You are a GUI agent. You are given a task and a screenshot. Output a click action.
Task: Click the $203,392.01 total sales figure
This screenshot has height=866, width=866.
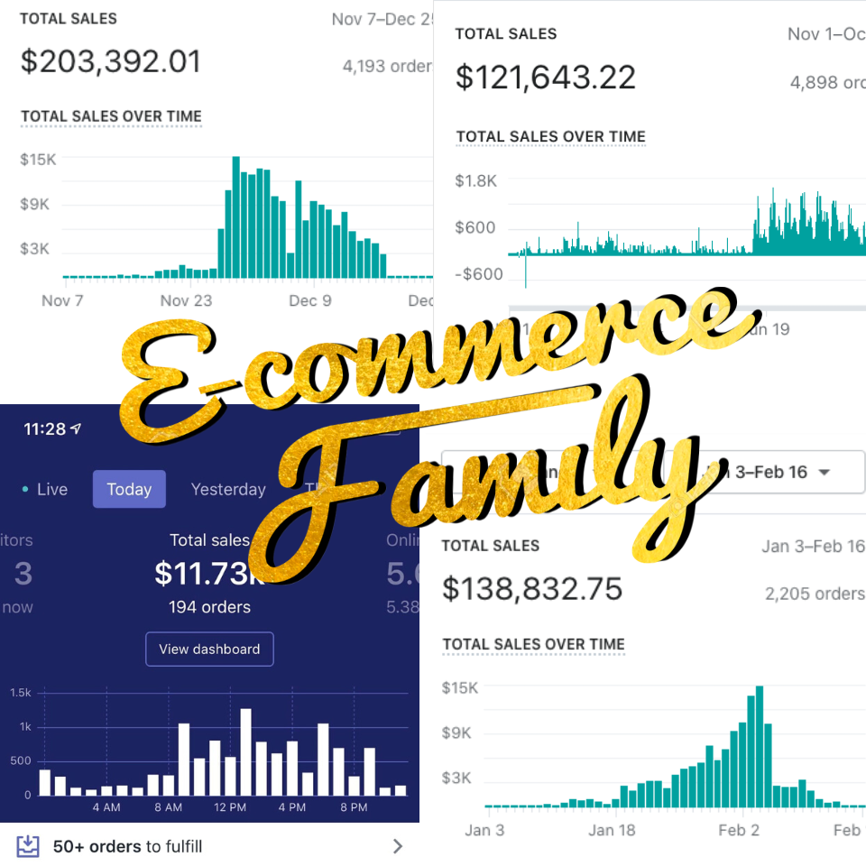coord(111,61)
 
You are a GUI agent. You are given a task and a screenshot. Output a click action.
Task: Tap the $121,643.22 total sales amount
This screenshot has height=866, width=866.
coord(545,77)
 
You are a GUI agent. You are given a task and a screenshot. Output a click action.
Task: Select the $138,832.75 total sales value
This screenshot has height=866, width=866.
coord(532,588)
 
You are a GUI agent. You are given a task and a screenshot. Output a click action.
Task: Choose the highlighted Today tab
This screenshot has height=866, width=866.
coord(129,489)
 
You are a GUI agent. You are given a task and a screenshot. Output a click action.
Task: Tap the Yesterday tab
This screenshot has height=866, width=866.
coord(228,489)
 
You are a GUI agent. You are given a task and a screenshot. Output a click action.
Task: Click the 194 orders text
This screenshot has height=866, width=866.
coord(209,607)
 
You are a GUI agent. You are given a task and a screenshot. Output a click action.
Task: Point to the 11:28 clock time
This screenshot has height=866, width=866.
coord(45,428)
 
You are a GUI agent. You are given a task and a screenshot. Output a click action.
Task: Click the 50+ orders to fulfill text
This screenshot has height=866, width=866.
coord(127,846)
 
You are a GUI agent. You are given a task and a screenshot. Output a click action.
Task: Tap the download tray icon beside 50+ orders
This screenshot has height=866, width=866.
coord(29,845)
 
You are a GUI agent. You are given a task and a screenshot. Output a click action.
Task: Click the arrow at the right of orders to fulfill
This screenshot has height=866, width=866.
coord(398,846)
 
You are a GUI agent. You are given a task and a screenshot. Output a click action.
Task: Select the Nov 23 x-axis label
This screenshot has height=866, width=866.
coord(187,300)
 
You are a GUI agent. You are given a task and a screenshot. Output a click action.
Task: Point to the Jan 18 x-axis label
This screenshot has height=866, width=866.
coord(613,830)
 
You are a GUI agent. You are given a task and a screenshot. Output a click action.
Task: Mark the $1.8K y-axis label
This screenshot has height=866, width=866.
coord(475,180)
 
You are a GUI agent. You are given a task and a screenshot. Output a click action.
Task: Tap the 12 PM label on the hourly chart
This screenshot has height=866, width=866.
coord(230,807)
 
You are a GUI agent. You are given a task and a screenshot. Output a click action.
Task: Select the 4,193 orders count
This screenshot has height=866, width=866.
coord(387,65)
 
